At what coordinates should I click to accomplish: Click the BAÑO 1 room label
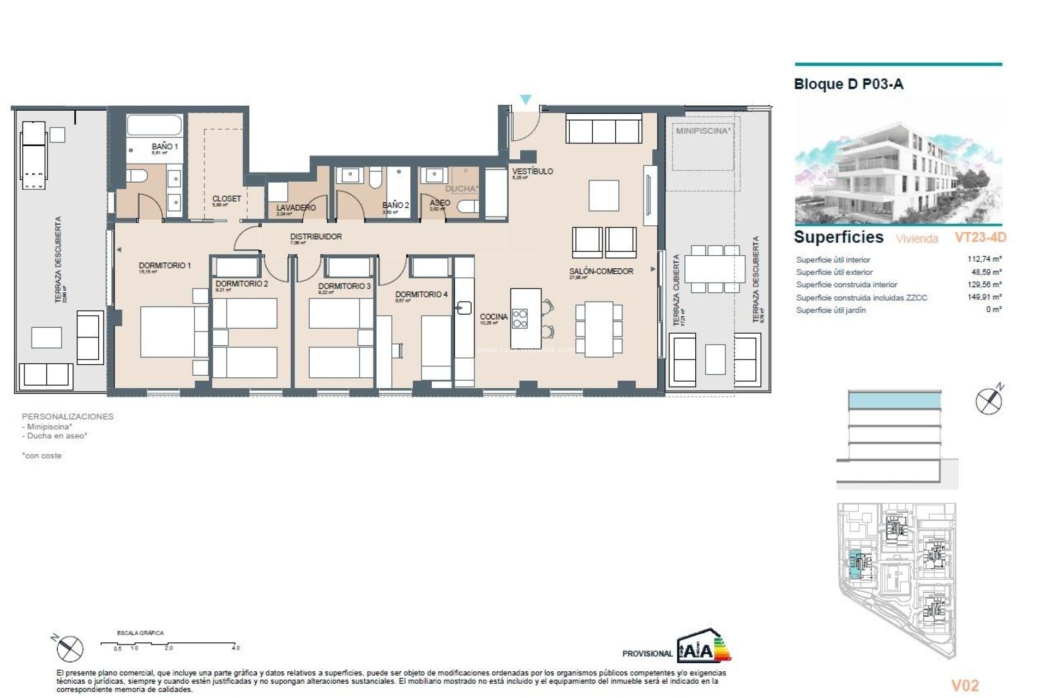pos(164,147)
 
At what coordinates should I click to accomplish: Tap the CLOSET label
pos(226,199)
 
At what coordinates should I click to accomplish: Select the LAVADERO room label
pos(296,208)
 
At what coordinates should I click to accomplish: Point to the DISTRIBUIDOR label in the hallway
pos(316,237)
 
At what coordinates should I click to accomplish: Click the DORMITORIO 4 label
pos(421,294)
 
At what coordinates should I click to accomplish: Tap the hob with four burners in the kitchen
pos(520,318)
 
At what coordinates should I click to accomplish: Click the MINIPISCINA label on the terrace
pos(702,131)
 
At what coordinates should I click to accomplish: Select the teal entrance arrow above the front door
pos(525,100)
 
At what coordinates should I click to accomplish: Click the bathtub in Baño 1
pos(154,125)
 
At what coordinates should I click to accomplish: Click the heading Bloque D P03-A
pos(849,84)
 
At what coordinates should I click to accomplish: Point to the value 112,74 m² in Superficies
pos(984,260)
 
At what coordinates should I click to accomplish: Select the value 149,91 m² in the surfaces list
pos(984,297)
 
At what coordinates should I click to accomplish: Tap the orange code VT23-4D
pos(980,237)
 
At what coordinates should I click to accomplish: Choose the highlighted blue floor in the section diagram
pos(894,401)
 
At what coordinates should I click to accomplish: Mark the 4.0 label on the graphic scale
pos(236,648)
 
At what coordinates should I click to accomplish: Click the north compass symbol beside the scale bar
pos(70,648)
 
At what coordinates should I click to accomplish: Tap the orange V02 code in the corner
pos(965,685)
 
